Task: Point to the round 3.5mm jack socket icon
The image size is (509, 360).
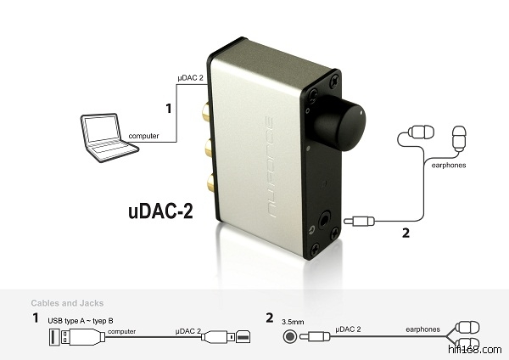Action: click(x=291, y=336)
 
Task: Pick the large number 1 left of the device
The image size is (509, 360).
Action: click(x=169, y=110)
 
